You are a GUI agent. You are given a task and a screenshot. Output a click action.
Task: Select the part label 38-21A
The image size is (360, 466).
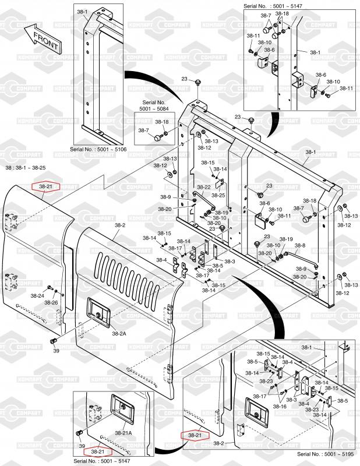(x=123, y=433)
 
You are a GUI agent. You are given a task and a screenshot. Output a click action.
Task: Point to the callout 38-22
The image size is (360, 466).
(x=203, y=187)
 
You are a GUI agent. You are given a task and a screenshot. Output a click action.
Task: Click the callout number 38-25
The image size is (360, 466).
(x=218, y=195)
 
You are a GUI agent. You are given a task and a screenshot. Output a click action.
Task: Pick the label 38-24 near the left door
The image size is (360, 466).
(x=37, y=296)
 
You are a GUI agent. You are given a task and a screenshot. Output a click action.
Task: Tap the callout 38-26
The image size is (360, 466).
(x=51, y=303)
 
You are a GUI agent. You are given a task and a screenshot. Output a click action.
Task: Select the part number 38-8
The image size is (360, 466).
(x=299, y=246)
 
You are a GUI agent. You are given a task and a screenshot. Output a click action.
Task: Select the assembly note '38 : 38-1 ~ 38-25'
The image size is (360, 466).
(x=25, y=168)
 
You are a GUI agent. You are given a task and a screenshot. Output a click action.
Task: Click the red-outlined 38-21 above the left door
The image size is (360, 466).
(x=45, y=186)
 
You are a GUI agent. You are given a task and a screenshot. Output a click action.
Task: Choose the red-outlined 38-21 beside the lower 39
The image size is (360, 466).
(x=98, y=451)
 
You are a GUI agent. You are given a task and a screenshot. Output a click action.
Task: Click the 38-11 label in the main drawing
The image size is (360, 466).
(x=284, y=216)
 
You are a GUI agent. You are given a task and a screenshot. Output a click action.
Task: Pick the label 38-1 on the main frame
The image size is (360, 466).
(x=310, y=153)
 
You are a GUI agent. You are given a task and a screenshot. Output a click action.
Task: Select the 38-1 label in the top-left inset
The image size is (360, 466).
(x=82, y=12)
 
